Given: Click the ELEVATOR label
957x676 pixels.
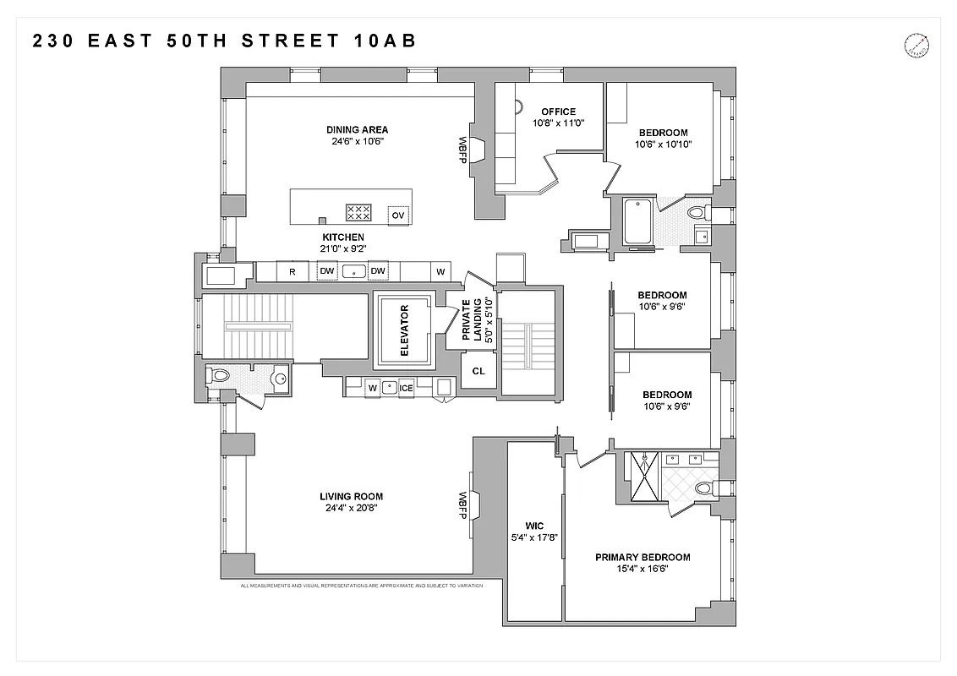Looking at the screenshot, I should [x=404, y=330].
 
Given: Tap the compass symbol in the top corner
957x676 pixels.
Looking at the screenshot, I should [x=916, y=44].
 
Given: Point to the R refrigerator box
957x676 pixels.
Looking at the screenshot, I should [x=292, y=271].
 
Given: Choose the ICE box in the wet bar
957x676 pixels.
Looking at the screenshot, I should [x=406, y=388].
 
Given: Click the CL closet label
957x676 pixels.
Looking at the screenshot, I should [x=478, y=371].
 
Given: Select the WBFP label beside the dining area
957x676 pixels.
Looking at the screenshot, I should [x=462, y=150].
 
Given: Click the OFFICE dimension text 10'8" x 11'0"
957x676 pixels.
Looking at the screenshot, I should [x=559, y=123].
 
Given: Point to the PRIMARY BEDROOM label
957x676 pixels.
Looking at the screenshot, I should [x=643, y=557].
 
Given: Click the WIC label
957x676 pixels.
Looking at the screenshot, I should [x=534, y=526].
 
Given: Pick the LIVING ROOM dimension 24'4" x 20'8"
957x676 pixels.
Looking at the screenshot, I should [x=351, y=509].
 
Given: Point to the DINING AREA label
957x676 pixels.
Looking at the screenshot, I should [x=357, y=129].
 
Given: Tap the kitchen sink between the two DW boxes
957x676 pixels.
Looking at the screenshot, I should [x=354, y=271].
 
